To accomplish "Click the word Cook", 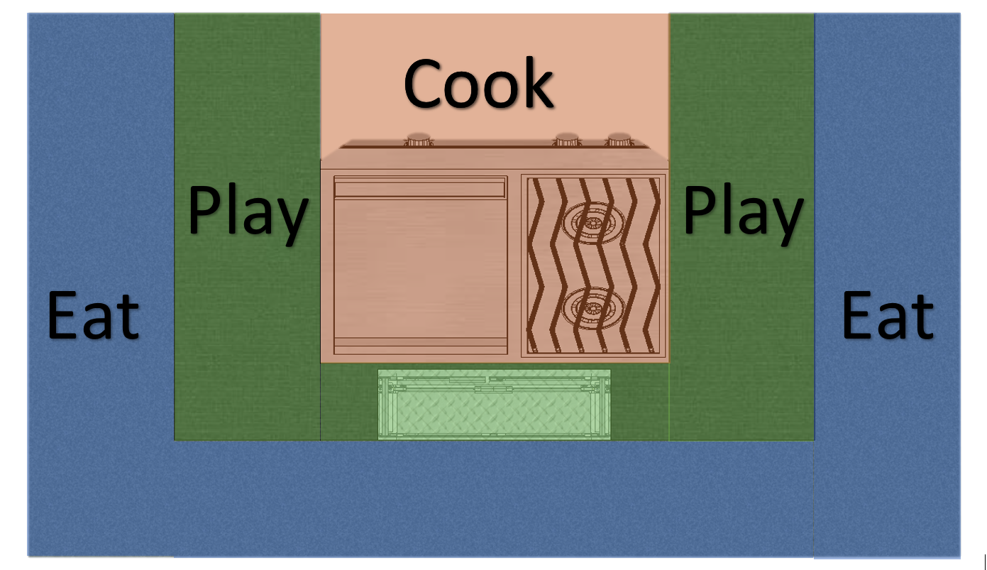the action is point(478,84).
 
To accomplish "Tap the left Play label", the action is point(248,212).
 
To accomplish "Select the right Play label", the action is point(744,212).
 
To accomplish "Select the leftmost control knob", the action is point(419,139).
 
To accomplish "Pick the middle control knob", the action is point(567,139).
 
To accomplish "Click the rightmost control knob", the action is point(619,139).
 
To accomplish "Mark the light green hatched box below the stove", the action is point(494,404).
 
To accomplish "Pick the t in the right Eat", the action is point(920,317).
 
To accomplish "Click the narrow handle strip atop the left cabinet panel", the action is point(419,188).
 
